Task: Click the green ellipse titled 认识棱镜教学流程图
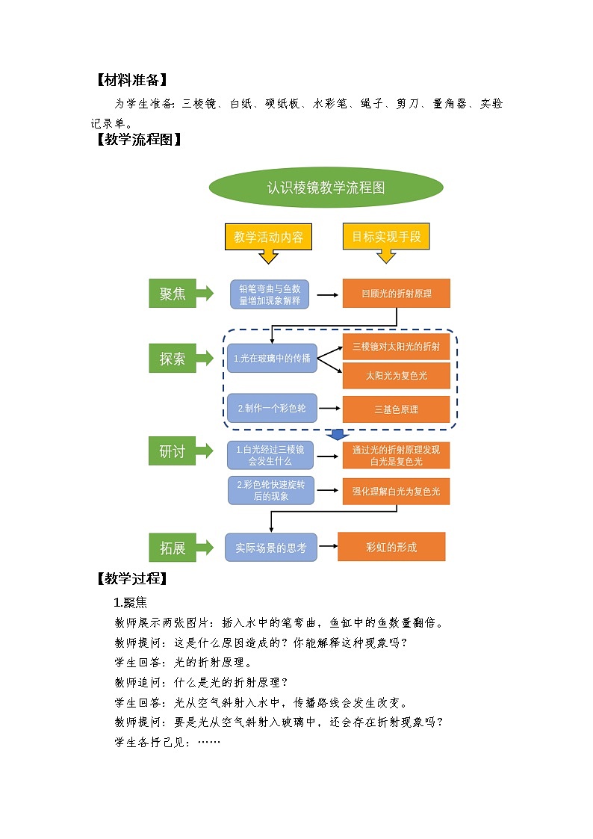point(326,188)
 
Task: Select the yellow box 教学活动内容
point(268,238)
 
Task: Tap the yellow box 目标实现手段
point(386,237)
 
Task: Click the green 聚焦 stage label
point(173,294)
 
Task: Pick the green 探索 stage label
point(173,359)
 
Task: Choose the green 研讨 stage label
point(173,452)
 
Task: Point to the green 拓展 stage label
point(173,548)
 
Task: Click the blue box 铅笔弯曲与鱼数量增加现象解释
point(270,294)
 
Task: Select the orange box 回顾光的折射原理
point(396,294)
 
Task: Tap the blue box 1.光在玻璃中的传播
point(272,359)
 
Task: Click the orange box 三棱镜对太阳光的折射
point(396,347)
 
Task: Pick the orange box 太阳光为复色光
point(396,376)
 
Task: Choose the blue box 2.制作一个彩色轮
point(272,409)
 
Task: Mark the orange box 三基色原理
point(396,409)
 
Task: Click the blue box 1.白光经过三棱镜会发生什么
point(270,455)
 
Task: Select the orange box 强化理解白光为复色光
point(396,492)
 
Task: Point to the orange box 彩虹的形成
point(391,547)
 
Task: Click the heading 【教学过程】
point(131,578)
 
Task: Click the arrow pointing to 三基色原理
point(329,409)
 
